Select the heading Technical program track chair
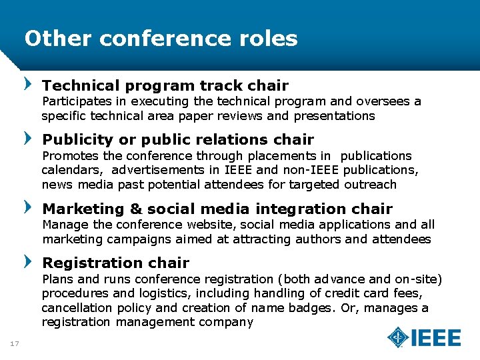(x=165, y=85)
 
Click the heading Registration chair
(x=115, y=263)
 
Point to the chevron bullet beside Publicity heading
(x=28, y=139)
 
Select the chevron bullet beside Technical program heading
(x=28, y=85)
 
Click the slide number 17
(x=15, y=343)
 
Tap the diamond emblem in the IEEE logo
(x=398, y=337)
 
